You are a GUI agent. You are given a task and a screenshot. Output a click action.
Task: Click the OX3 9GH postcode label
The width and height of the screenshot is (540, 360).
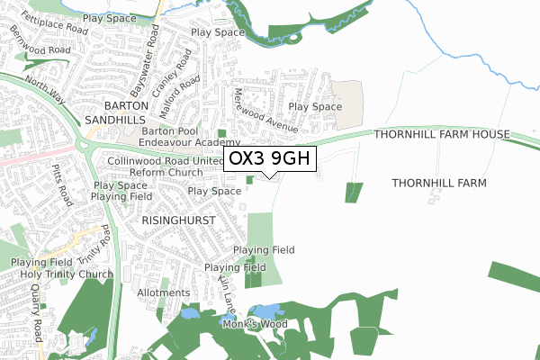[x=269, y=159]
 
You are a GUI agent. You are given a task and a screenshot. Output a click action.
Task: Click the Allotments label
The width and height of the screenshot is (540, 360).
[x=163, y=292]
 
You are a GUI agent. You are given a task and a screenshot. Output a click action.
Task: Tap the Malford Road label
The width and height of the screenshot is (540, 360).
[x=186, y=93]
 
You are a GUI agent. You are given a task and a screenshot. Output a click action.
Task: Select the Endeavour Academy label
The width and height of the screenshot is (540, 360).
[x=190, y=143]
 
